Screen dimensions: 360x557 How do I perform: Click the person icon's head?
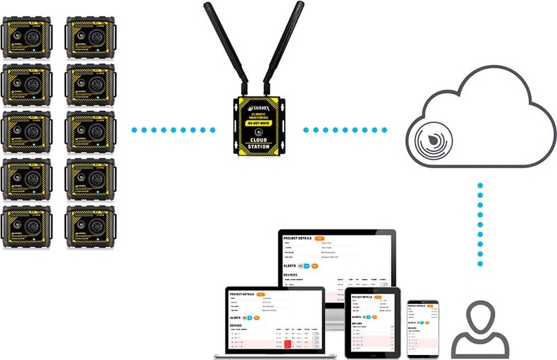click(481, 314)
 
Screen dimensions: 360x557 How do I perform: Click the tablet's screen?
click(372, 323)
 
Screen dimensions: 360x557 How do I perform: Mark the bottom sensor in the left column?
click(26, 226)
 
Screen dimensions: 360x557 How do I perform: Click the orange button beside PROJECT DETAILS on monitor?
click(320, 238)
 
